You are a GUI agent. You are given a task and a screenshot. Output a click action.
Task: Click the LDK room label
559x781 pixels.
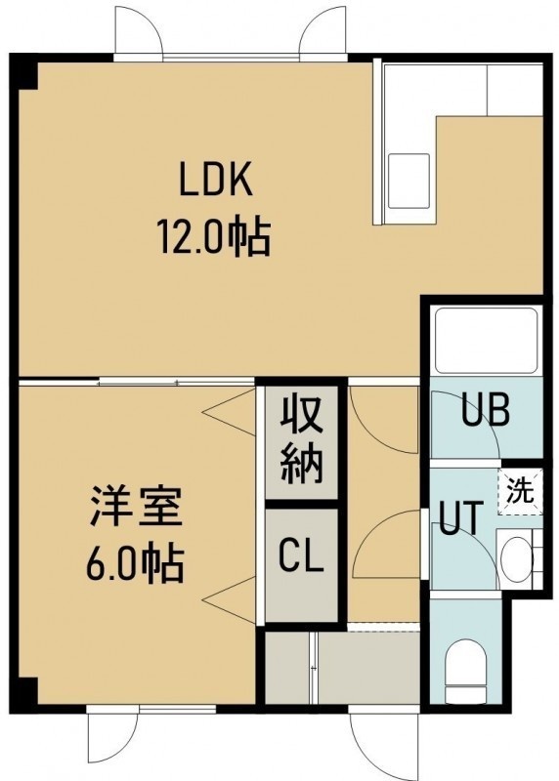(x=215, y=183)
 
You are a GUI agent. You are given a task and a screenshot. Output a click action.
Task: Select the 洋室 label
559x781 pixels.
(x=136, y=507)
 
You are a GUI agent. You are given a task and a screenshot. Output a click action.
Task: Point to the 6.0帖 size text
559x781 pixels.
(x=136, y=564)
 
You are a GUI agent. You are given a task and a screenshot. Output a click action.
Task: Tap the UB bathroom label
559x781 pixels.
(x=485, y=410)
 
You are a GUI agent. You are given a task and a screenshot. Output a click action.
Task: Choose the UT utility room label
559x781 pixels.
(x=461, y=518)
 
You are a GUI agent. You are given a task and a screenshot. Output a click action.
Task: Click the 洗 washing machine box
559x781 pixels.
(x=520, y=492)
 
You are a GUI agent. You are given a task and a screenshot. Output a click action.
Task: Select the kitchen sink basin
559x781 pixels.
(x=408, y=182)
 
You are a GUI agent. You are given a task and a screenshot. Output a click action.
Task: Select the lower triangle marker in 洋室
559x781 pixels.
(x=230, y=600)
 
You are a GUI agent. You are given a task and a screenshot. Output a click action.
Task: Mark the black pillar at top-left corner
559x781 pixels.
(x=23, y=71)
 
